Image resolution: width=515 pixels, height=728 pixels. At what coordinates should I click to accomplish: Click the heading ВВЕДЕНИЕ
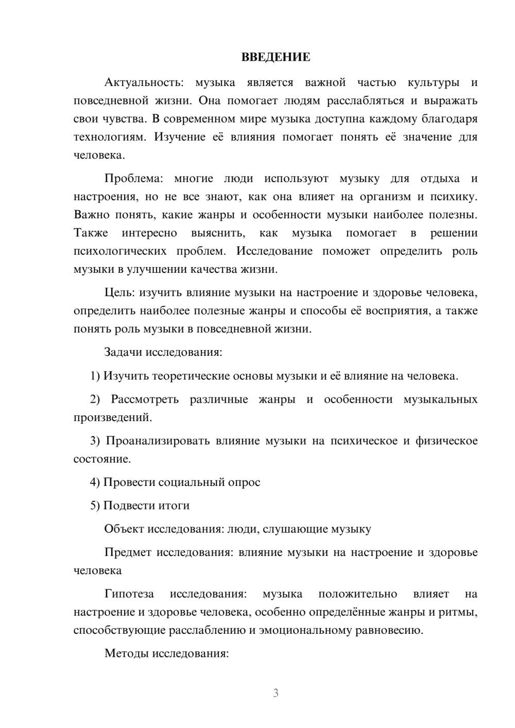tap(276, 57)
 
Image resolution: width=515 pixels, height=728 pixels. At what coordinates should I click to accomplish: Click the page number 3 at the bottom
tap(276, 693)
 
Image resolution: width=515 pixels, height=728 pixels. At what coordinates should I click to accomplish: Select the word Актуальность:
tap(143, 82)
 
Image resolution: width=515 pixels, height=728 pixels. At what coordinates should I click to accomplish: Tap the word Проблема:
tap(134, 179)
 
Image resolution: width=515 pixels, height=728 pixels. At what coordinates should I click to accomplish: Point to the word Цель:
tap(119, 293)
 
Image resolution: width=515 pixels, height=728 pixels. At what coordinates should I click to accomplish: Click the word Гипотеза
tap(129, 594)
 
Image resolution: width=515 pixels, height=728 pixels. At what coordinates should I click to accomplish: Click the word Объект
tap(124, 529)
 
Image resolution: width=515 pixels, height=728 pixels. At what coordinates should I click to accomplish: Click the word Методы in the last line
tap(124, 654)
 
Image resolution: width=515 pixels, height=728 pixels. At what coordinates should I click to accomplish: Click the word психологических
tap(119, 251)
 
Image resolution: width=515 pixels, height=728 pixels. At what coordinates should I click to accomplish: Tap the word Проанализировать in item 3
tap(158, 441)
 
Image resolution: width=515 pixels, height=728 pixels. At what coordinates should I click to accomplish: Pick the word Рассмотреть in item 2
tap(145, 400)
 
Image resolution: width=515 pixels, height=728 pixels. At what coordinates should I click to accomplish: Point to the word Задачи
tap(123, 353)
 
